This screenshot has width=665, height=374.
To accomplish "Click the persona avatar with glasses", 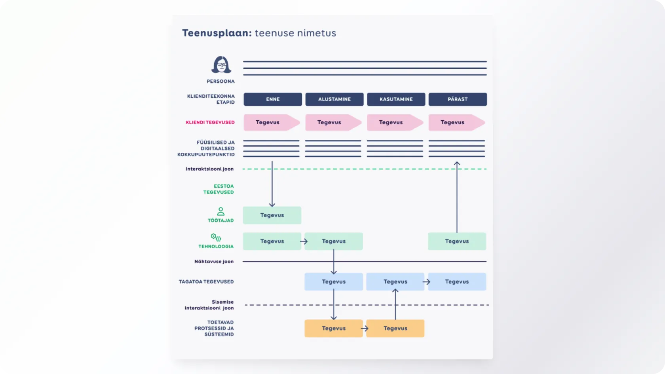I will tap(221, 65).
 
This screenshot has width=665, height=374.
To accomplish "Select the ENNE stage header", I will tap(273, 99).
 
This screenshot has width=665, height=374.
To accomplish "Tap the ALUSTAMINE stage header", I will tap(334, 99).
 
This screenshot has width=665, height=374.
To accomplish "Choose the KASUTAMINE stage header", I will tap(396, 99).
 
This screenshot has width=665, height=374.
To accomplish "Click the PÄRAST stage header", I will tap(458, 99).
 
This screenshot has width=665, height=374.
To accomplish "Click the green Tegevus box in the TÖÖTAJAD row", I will tap(272, 215).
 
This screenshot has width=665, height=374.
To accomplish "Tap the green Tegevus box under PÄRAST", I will tap(457, 241).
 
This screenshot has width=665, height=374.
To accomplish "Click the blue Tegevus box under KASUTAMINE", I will tap(395, 282).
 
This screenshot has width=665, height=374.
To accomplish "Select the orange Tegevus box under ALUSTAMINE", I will tap(333, 328).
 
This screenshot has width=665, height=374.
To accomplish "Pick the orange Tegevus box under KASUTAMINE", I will tap(395, 328).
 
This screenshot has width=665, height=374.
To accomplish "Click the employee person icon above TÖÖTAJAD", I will tap(221, 211).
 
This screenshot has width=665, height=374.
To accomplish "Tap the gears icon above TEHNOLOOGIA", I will tap(216, 237).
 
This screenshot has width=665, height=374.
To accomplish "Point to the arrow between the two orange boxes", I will tap(365, 328).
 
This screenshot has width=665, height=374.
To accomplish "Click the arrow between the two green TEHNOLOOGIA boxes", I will tap(304, 241).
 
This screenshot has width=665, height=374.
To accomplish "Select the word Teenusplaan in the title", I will tap(217, 33).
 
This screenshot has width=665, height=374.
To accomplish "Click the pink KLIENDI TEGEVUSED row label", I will tap(210, 123).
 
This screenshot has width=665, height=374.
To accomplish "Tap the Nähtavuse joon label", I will tap(214, 262).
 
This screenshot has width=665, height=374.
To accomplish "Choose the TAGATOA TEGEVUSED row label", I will tap(206, 282).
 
